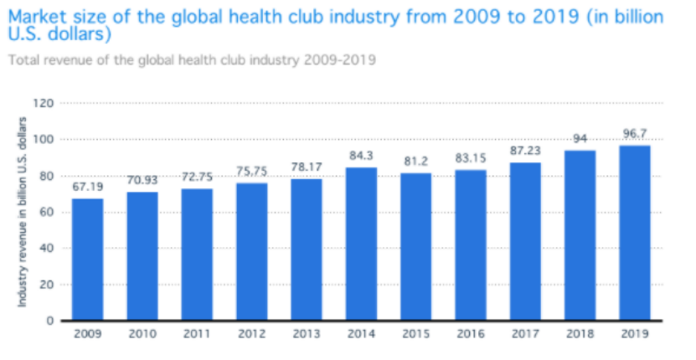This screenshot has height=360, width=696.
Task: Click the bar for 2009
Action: point(87,260)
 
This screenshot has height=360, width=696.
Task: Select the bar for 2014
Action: point(360,244)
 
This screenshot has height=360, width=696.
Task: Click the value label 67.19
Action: point(87,188)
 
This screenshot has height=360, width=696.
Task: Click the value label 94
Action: point(579,139)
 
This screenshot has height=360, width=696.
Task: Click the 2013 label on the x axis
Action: point(306,334)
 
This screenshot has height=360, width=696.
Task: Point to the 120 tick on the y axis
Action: point(44,104)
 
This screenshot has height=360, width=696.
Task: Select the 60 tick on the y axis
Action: point(47,213)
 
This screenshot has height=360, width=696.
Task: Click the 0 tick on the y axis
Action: point(49,321)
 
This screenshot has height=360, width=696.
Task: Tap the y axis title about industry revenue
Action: point(23,211)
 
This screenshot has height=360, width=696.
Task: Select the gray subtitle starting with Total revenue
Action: point(191,60)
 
